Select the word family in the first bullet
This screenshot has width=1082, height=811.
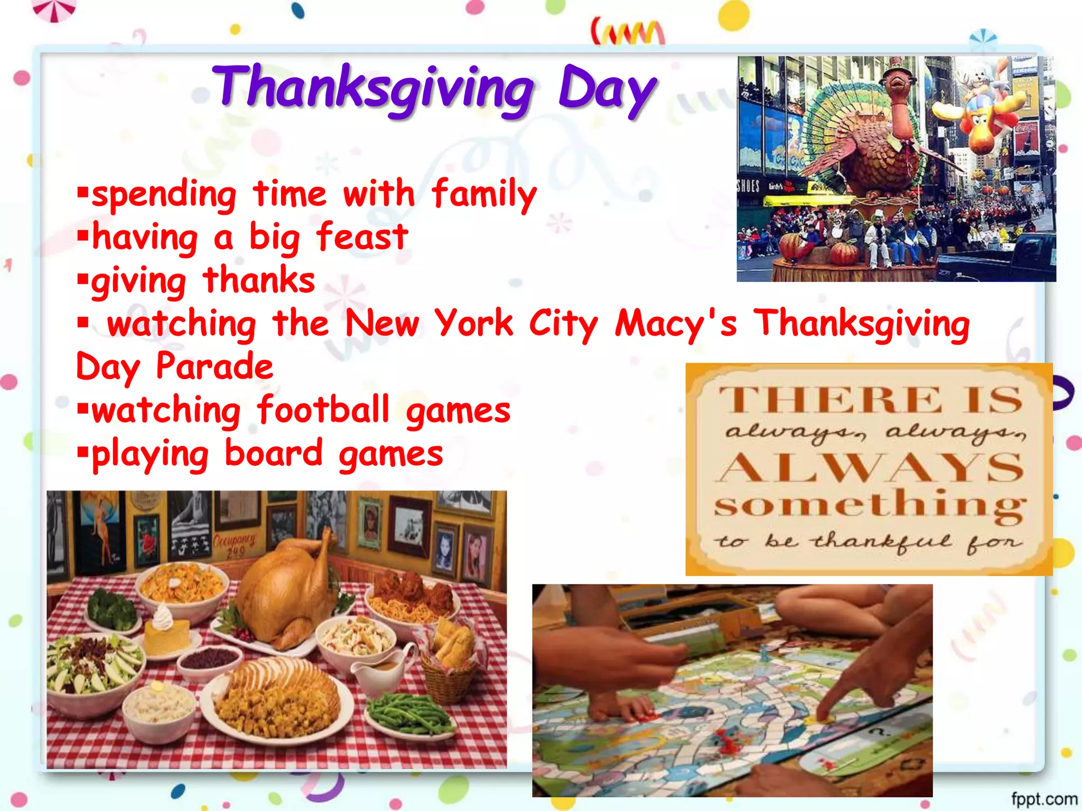[x=484, y=194]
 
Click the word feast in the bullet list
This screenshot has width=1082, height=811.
[x=362, y=237]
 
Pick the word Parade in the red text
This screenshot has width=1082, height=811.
[x=214, y=366]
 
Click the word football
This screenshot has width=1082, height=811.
[x=323, y=410]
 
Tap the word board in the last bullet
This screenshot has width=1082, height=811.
[x=273, y=453]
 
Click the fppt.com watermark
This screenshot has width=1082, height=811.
[x=1044, y=799]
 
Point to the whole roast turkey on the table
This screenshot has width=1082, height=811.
[x=285, y=586]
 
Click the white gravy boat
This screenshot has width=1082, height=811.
[x=380, y=668]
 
